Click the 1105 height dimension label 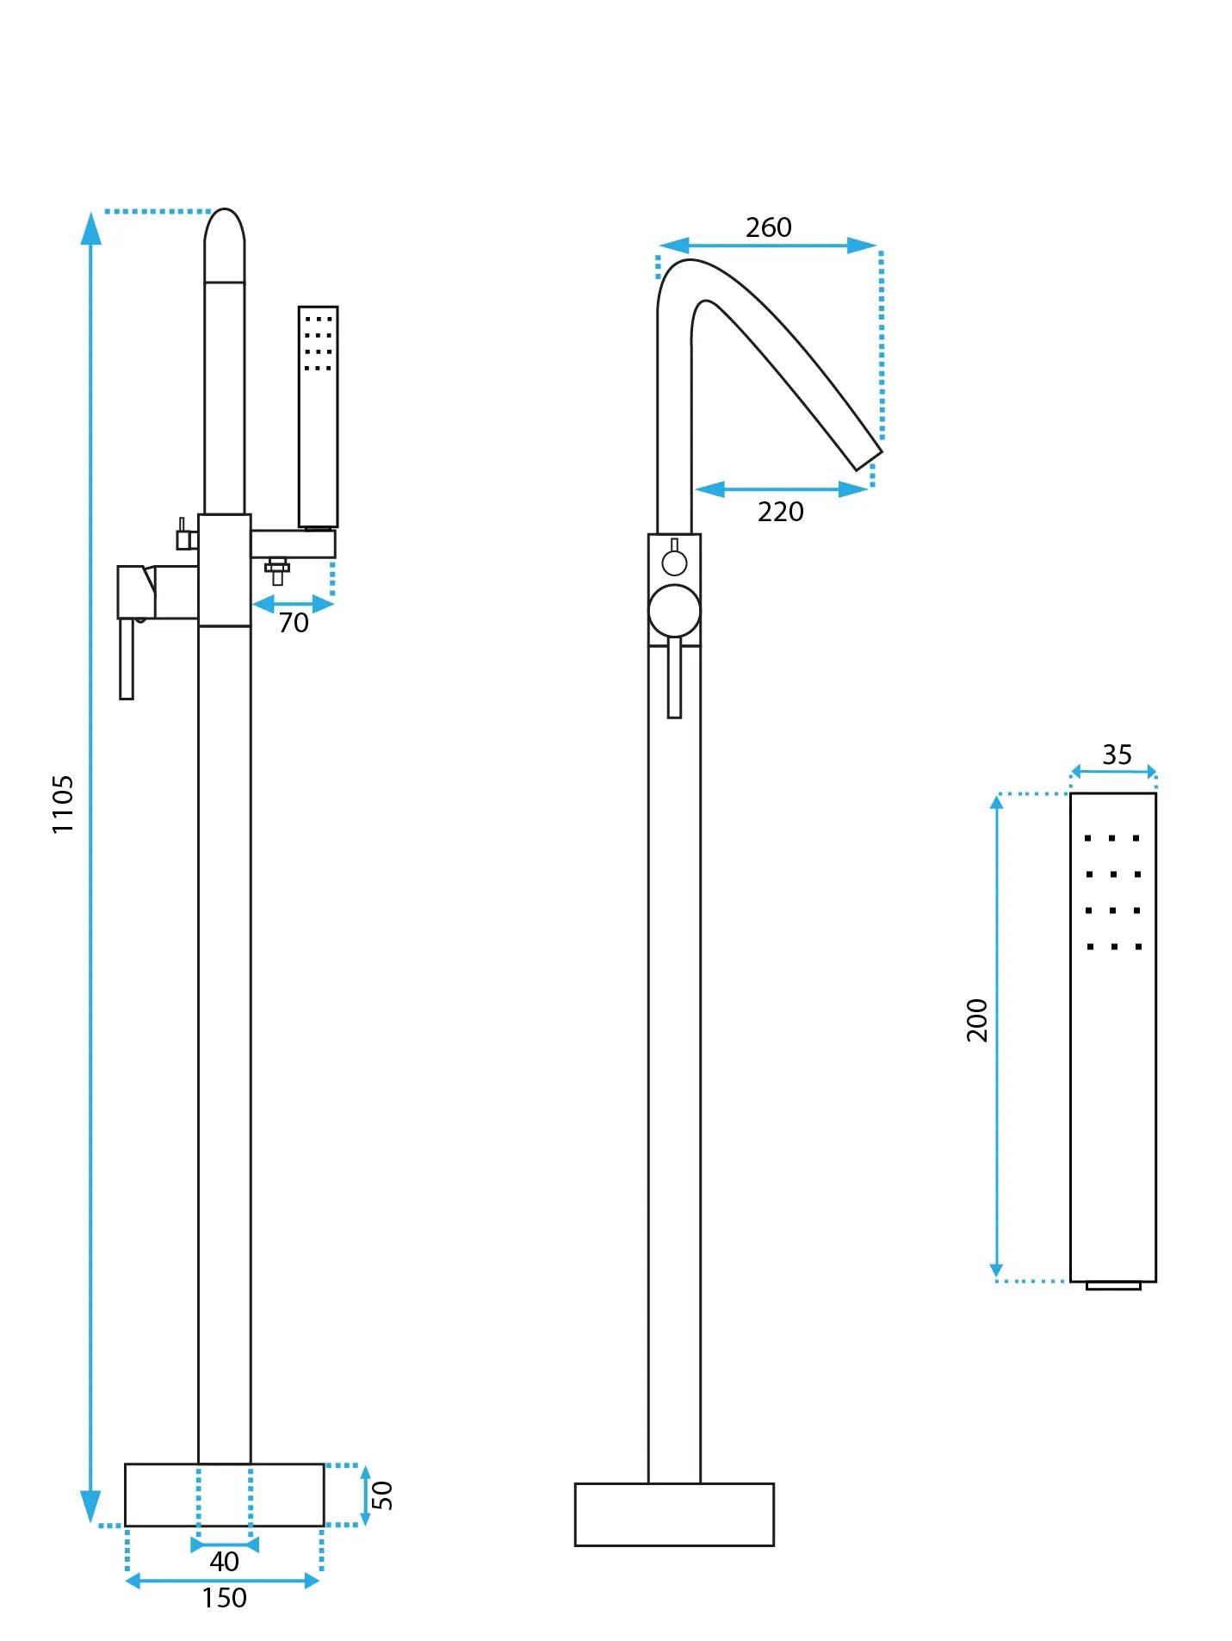63,804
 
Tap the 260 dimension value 768,227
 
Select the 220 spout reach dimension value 780,512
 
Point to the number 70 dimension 294,622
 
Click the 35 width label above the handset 1117,755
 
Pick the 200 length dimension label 977,1020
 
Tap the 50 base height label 382,1495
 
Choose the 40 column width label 224,1561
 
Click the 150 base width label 224,1598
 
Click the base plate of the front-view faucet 674,1514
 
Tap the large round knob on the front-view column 674,611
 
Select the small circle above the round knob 674,563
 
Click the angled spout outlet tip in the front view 868,460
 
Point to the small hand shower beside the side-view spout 318,416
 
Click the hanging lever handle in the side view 127,658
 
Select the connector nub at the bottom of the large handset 1112,1285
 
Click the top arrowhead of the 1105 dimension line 91,227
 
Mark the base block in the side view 224,1495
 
